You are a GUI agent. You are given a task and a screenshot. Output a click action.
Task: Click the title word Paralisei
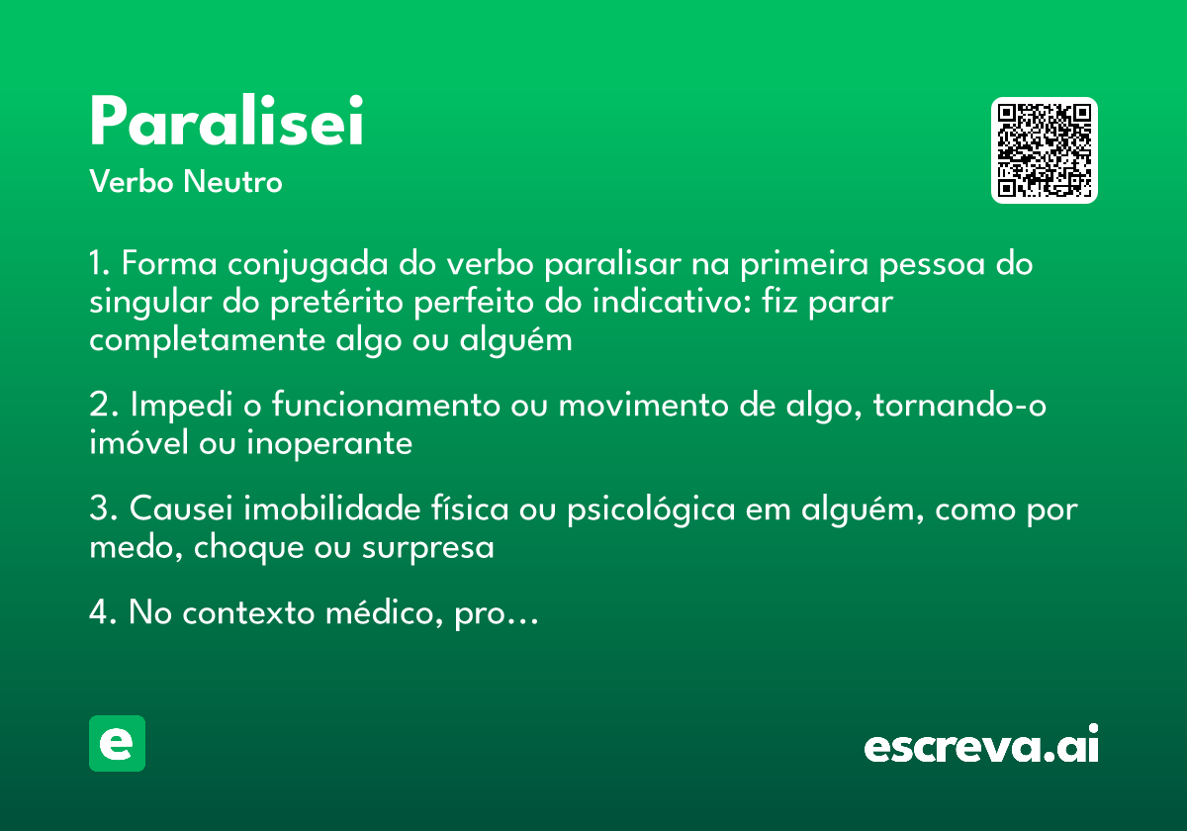[227, 123]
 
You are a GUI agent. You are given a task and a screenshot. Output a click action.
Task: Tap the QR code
[1045, 150]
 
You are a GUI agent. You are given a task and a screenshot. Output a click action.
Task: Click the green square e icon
[117, 743]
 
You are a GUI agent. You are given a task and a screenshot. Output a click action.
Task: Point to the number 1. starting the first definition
[102, 265]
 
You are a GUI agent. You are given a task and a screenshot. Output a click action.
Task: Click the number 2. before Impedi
[104, 407]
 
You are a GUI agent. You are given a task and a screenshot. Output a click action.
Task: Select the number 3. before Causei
[104, 509]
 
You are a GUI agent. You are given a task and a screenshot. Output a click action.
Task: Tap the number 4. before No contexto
[104, 613]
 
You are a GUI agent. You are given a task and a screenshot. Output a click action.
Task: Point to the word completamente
[203, 340]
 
